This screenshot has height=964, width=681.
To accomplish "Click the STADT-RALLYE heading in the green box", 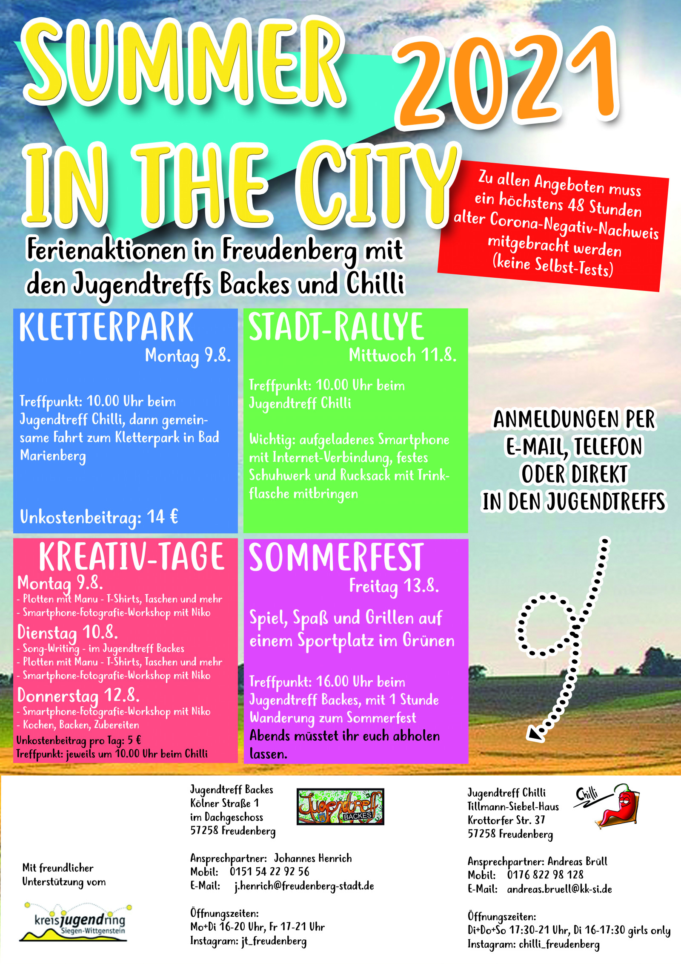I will (336, 327).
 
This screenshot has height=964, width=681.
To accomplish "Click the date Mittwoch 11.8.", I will (403, 355).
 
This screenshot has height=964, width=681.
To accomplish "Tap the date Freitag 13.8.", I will (394, 586).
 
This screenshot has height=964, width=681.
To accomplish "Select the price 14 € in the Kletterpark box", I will (162, 517).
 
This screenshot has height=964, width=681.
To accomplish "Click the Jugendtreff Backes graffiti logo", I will (340, 806).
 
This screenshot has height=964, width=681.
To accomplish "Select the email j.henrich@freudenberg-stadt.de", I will (304, 886).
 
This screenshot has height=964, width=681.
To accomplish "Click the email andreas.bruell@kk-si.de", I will (559, 889).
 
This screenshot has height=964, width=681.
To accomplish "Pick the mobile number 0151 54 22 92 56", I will (269, 872).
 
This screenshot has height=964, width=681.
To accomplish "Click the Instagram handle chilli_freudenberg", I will (559, 944).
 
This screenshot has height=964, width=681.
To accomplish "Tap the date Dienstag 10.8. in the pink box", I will (67, 632).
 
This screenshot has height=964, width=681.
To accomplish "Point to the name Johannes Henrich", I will (313, 858).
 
